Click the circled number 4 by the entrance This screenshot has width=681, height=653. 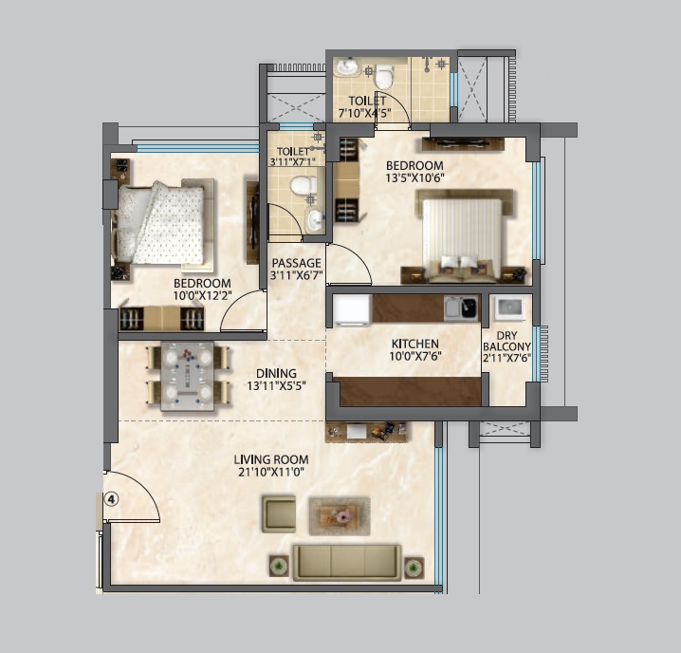coord(111,499)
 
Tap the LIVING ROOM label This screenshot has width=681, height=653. coord(271,459)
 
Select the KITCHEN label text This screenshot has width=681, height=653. coord(414,344)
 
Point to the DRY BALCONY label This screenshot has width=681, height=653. coord(506,342)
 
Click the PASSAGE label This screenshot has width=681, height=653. coord(297,263)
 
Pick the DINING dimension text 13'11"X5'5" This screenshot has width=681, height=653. coord(277,385)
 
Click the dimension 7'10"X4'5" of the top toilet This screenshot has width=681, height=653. coord(365,114)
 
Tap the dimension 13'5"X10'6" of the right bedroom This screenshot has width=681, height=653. coord(414,177)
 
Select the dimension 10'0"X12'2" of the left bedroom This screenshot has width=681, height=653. coord(202,295)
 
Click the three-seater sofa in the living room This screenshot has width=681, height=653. coord(347,562)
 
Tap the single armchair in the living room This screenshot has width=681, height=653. coord(279,513)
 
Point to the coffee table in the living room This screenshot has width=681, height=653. coord(340,516)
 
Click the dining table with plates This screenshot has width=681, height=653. coord(187,376)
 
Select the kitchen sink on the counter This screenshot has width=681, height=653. coord(461,308)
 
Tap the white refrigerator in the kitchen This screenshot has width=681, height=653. coord(352,310)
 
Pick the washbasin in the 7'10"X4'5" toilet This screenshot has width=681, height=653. coord(345,67)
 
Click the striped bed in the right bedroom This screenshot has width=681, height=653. coord(462,237)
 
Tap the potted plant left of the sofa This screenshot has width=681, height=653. coord(279,566)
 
